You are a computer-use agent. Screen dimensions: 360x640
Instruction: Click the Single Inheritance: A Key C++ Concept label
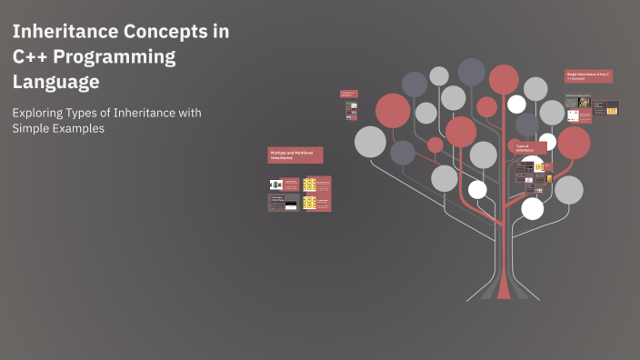pyautogui.click(x=588, y=76)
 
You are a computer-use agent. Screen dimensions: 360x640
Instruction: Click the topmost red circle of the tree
pyautogui.click(x=504, y=79)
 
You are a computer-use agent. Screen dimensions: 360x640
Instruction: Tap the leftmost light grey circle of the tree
pyautogui.click(x=370, y=141)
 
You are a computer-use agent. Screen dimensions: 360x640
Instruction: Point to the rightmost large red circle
pyautogui.click(x=574, y=142)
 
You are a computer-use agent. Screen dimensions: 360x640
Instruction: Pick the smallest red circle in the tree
pyautogui.click(x=435, y=145)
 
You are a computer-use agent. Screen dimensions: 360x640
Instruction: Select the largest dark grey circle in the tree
pyautogui.click(x=471, y=71)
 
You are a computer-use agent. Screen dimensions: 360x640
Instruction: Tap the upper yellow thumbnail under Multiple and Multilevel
pyautogui.click(x=309, y=185)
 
